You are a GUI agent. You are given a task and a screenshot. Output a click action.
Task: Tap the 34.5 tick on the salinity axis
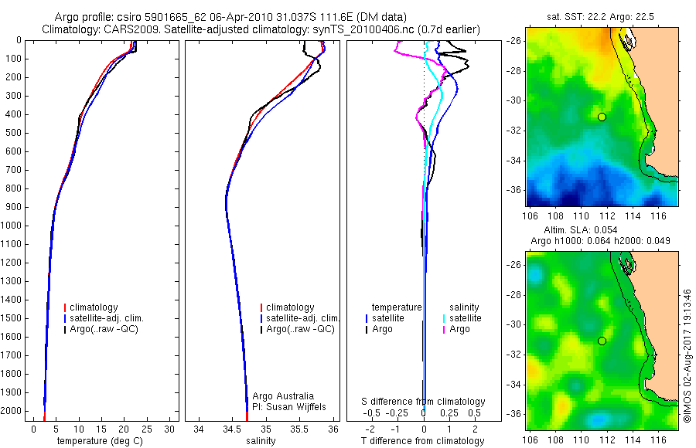[232, 429]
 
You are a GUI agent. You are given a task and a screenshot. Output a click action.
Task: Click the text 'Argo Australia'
[283, 396]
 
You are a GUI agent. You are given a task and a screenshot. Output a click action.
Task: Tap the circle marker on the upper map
[602, 117]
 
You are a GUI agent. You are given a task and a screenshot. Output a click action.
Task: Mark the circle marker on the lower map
[602, 341]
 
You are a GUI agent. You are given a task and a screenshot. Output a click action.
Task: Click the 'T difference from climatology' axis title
[424, 441]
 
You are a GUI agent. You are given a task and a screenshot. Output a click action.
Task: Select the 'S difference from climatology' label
[424, 402]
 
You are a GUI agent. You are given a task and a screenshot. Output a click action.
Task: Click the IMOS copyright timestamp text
[687, 358]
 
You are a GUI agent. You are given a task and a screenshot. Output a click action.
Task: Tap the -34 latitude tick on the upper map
[515, 161]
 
